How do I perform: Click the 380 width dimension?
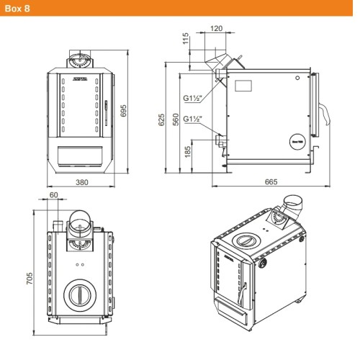pyautogui.click(x=81, y=182)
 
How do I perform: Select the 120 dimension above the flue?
pyautogui.click(x=216, y=30)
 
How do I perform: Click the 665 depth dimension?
pyautogui.click(x=270, y=182)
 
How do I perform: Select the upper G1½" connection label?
pyautogui.click(x=193, y=99)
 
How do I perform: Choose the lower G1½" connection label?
pyautogui.click(x=193, y=119)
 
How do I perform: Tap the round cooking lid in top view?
pyautogui.click(x=79, y=293)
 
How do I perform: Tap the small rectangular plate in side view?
pyautogui.click(x=243, y=85)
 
